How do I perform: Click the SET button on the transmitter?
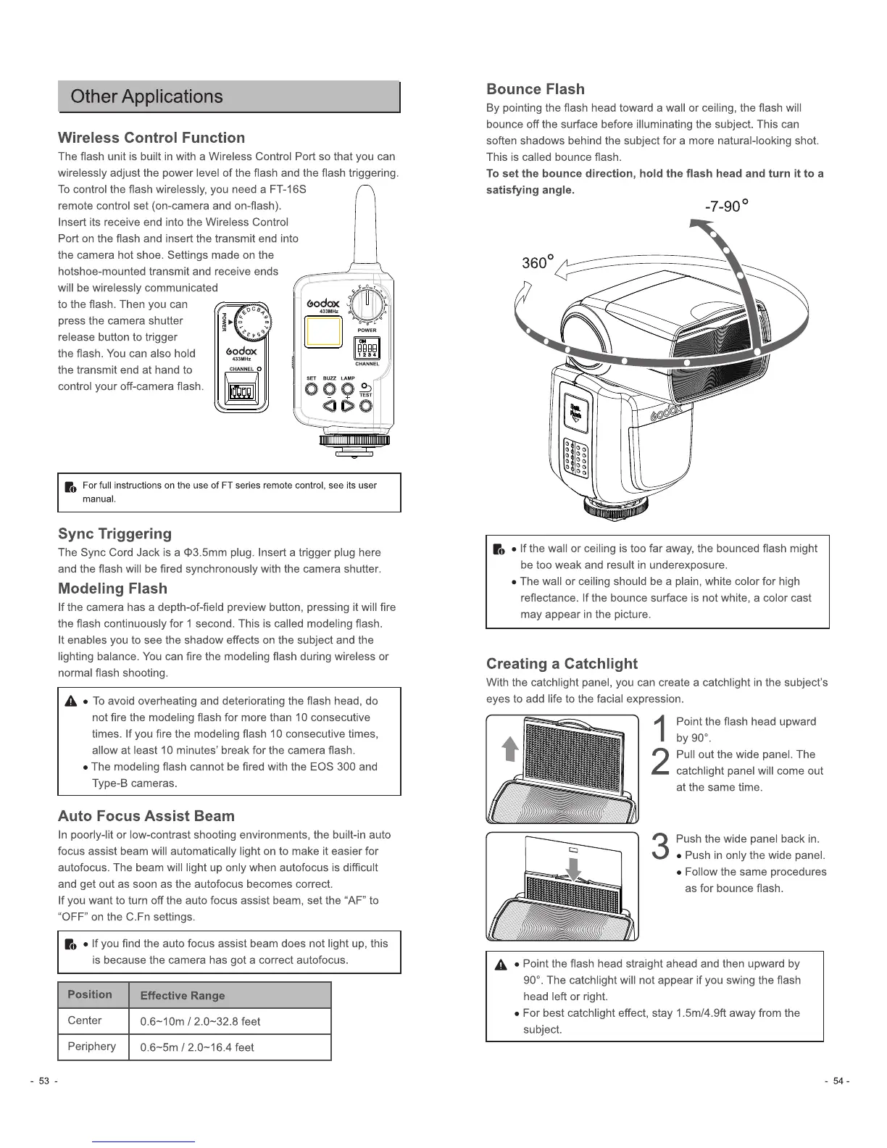312,388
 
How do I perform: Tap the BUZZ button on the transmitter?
330,388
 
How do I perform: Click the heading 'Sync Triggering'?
114,534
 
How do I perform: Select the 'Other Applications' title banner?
229,97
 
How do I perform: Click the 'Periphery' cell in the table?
92,1047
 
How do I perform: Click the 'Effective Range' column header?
183,996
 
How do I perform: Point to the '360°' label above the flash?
538,262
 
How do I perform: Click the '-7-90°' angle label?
725,207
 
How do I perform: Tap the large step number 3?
660,847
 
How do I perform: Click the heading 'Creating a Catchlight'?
562,664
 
